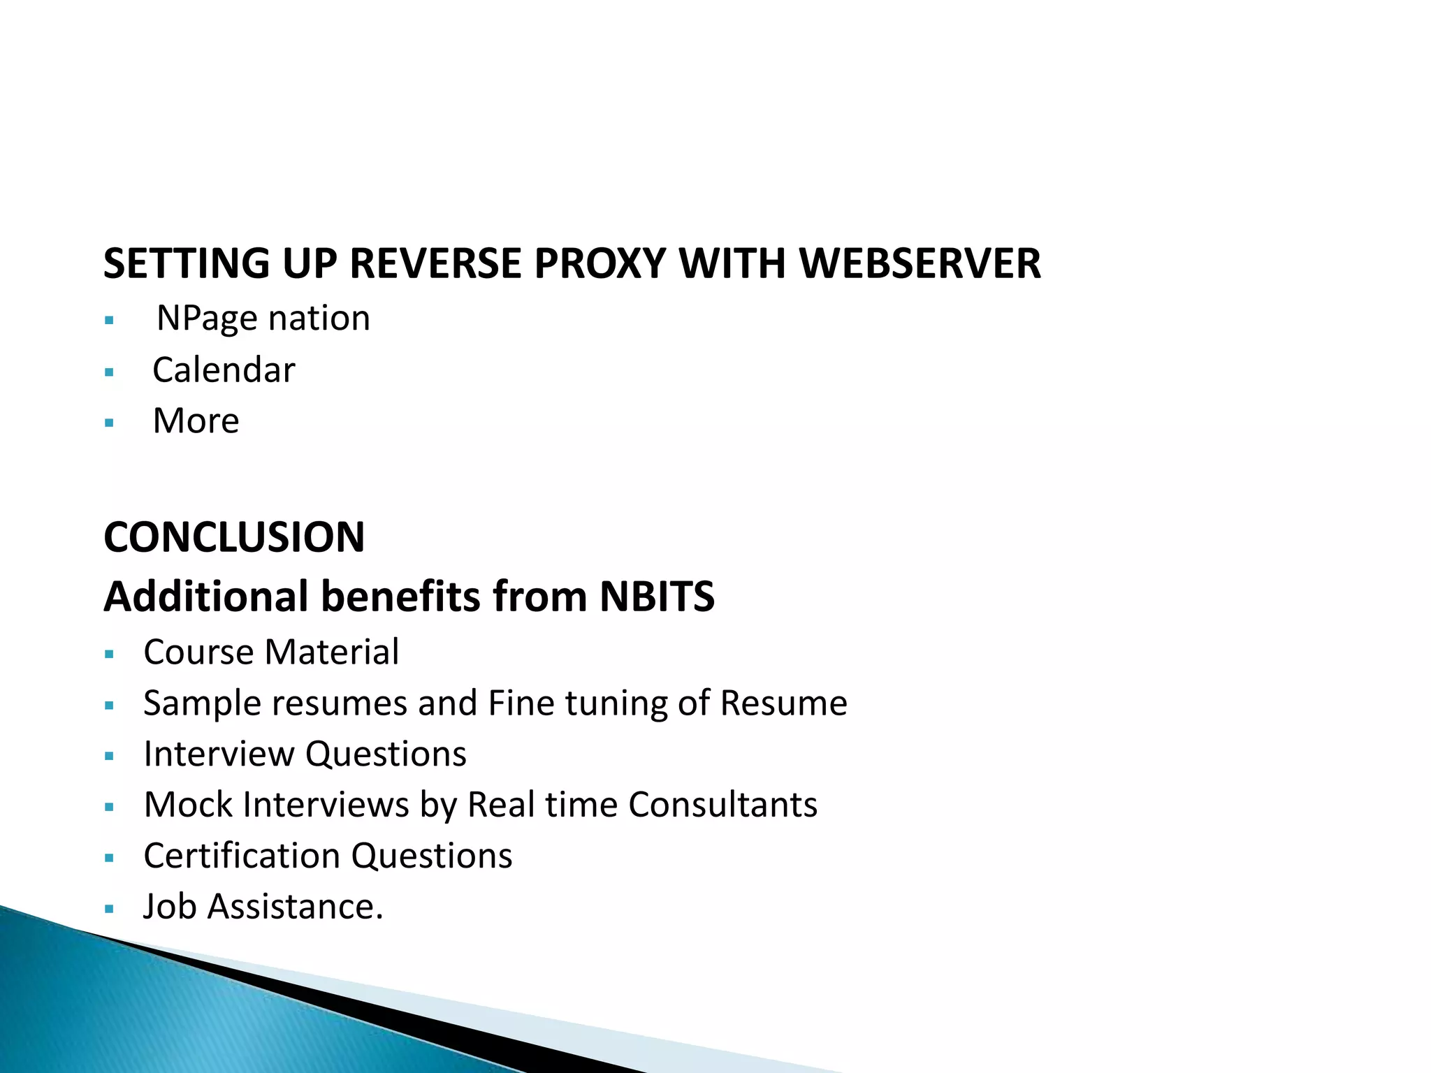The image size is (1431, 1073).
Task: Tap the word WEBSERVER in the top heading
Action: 920,264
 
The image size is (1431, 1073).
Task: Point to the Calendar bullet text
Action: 224,370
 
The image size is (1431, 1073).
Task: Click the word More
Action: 196,421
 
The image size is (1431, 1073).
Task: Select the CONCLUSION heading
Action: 234,537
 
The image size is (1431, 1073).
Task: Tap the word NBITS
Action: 657,597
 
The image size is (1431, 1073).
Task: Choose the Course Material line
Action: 271,652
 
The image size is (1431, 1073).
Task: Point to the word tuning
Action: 616,703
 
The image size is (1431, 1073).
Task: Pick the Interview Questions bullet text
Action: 305,754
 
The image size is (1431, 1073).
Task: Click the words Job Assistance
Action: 263,907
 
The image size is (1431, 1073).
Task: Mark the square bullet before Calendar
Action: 108,372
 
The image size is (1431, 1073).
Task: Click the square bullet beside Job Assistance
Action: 108,909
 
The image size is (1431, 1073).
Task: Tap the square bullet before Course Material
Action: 108,655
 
